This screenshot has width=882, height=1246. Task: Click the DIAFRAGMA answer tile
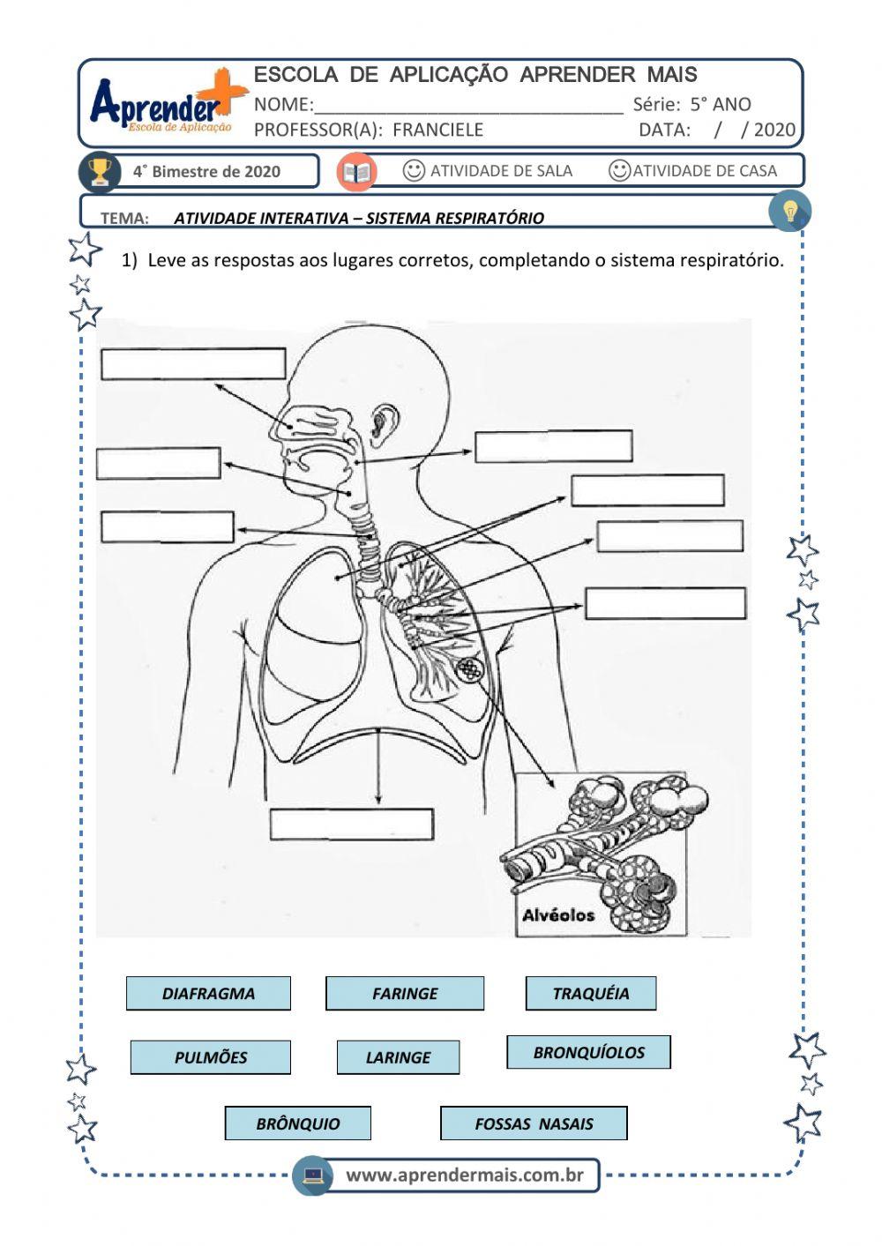click(x=208, y=993)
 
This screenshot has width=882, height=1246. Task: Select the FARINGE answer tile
click(x=405, y=993)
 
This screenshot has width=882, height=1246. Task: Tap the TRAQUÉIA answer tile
click(x=591, y=993)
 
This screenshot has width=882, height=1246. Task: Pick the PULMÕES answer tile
click(x=211, y=1057)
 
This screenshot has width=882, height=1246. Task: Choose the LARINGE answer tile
click(x=398, y=1057)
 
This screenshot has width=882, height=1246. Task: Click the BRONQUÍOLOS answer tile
click(x=588, y=1052)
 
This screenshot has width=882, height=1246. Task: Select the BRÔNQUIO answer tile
click(x=297, y=1123)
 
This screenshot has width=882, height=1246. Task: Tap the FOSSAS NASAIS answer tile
click(x=534, y=1123)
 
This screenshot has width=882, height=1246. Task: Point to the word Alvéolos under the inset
click(x=558, y=915)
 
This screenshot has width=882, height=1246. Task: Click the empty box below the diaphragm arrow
click(x=351, y=824)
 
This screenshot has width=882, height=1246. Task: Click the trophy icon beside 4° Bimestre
click(x=100, y=171)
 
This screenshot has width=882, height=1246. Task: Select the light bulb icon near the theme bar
click(x=789, y=212)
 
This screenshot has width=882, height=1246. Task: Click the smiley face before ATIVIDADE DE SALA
click(x=414, y=170)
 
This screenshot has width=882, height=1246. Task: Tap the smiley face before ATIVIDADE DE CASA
click(x=620, y=170)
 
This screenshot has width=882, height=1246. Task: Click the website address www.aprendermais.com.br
click(x=464, y=1175)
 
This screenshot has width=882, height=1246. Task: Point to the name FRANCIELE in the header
click(x=437, y=130)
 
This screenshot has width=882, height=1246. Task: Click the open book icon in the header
click(x=357, y=171)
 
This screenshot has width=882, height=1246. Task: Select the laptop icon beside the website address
click(x=313, y=1175)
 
